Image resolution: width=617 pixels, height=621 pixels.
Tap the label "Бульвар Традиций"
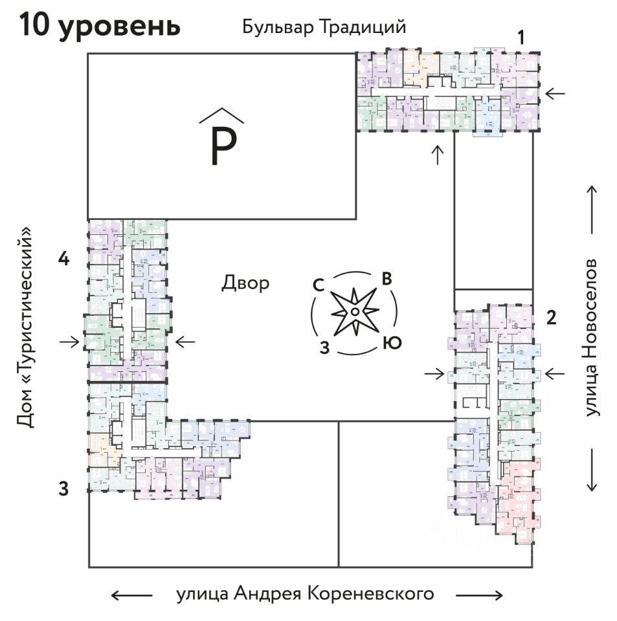coord(324,27)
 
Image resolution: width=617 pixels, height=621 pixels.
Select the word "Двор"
coord(245,283)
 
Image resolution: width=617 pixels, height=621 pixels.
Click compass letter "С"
coord(319,285)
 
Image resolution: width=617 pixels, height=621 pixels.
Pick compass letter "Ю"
coord(391,343)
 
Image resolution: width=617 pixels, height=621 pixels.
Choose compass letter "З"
coord(326,347)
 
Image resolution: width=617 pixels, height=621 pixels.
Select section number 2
coord(551,318)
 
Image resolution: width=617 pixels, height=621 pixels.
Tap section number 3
coord(63,488)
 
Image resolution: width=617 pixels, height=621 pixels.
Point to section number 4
coord(63,259)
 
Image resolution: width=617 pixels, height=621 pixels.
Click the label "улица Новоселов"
coord(590,338)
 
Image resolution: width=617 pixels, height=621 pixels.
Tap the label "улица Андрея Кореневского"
coord(305,594)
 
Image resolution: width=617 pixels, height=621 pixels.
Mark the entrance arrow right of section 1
coord(554,94)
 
